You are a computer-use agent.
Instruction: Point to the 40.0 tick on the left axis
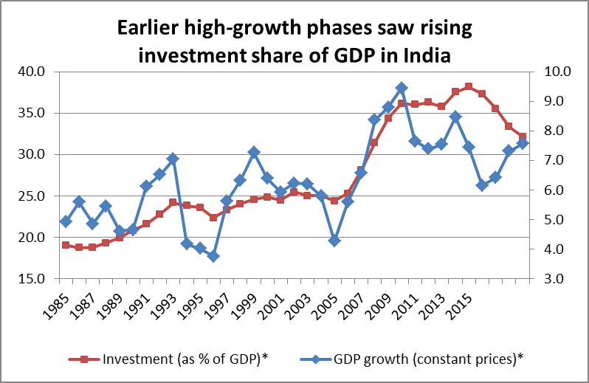click(32, 72)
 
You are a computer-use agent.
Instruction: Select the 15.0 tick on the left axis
click(32, 279)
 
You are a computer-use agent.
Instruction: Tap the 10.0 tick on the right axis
click(553, 72)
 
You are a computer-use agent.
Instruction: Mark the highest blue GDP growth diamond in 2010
click(402, 88)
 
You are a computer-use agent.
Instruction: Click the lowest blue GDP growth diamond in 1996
click(213, 256)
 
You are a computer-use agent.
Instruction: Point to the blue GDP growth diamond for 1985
click(66, 221)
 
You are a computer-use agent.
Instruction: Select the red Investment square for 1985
click(66, 245)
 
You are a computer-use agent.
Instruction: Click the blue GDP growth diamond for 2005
click(334, 241)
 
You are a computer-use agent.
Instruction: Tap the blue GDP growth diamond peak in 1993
click(173, 159)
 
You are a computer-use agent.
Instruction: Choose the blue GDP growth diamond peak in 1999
click(254, 152)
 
